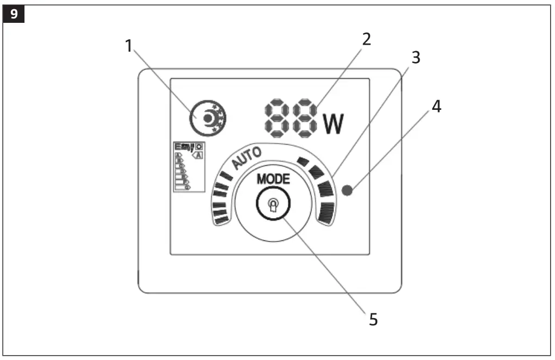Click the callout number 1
click(x=129, y=46)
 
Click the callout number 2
click(x=366, y=40)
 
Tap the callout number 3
click(x=416, y=58)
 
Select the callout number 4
click(x=436, y=107)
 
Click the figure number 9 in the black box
click(x=14, y=14)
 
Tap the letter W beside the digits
click(x=334, y=125)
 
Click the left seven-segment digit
click(x=276, y=118)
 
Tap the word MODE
click(x=273, y=179)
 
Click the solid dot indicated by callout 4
click(x=349, y=190)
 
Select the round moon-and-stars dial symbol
click(x=208, y=117)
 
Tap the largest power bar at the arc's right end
click(x=326, y=213)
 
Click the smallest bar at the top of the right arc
click(x=303, y=162)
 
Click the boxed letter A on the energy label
click(x=199, y=155)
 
